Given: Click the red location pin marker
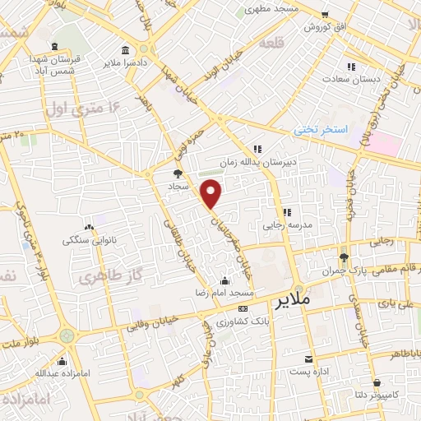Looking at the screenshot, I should (x=212, y=193).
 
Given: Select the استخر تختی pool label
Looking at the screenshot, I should (x=322, y=131).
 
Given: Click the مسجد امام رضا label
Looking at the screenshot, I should (x=226, y=293).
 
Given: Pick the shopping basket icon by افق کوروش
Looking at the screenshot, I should (x=325, y=15).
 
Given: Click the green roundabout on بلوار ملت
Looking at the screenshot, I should (x=67, y=335).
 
